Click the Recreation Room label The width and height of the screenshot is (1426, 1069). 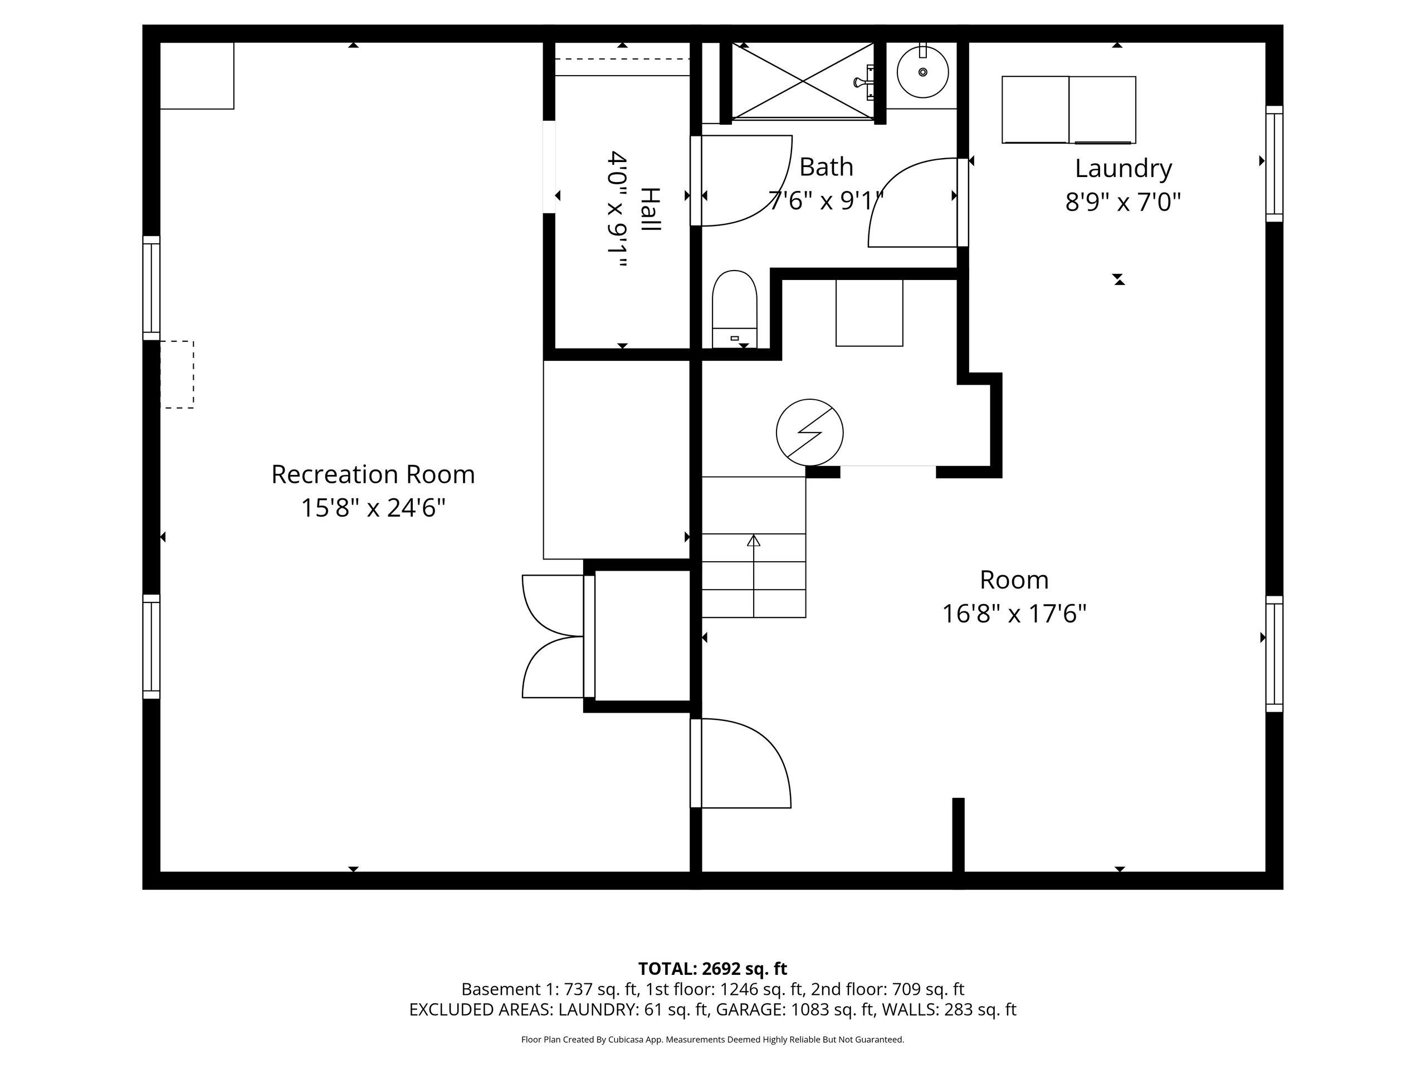point(373,474)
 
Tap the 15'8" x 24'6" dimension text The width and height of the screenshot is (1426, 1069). point(373,508)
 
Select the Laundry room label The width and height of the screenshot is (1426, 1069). point(1123,169)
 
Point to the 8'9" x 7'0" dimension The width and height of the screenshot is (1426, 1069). point(1123,202)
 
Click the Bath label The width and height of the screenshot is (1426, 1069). point(826,167)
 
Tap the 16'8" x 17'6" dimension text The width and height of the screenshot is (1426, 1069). point(1014,614)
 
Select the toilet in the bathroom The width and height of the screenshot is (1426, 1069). point(734,310)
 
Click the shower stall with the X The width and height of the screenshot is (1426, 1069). point(803,81)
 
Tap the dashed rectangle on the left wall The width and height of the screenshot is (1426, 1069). point(177,374)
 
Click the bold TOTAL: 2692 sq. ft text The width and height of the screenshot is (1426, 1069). point(712,968)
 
